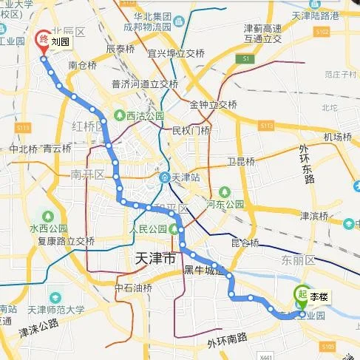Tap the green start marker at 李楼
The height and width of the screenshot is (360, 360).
tap(302, 295)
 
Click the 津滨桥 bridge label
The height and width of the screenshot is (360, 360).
tap(313, 216)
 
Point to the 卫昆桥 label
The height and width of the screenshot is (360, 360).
tap(241, 162)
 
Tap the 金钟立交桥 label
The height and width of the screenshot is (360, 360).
tap(213, 104)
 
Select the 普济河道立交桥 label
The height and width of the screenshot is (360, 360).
tap(144, 84)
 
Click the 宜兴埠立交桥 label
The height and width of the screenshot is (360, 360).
tap(176, 53)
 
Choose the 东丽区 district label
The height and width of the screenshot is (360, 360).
tap(298, 261)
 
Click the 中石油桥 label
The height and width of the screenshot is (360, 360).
tap(133, 287)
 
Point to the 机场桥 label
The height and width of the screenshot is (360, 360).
tap(338, 137)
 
